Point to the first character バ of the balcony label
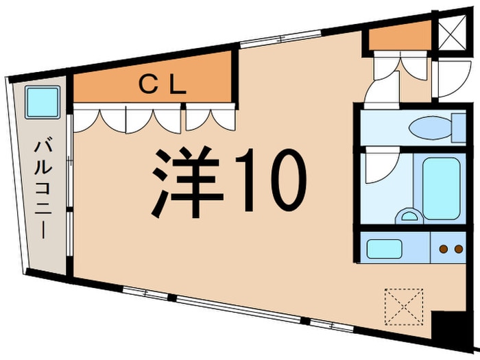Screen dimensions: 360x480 [x=45, y=147]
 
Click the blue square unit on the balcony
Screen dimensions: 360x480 [x=42, y=103]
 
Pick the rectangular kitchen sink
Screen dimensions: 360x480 [x=387, y=247]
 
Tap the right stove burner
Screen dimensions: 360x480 [x=455, y=248]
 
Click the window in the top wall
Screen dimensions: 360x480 [x=264, y=43]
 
